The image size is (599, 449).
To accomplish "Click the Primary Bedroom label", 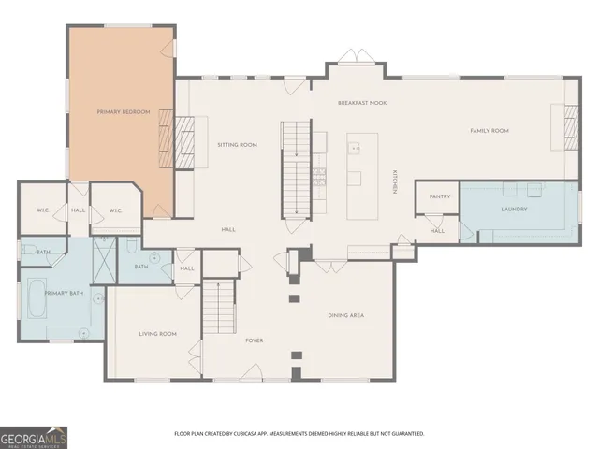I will [124, 112].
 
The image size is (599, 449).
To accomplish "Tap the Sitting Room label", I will [237, 145].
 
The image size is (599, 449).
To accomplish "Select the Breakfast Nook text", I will [362, 102].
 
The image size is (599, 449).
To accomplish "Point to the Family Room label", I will [489, 131].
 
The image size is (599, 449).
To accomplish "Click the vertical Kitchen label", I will [396, 182].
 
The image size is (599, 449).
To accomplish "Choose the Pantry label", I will [440, 196].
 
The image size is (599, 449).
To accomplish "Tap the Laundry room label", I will [514, 209].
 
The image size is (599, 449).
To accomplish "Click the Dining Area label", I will [345, 316].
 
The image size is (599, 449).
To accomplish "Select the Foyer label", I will [255, 340].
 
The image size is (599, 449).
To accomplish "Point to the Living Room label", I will [158, 334].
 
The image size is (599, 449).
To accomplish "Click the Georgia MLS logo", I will [34, 437].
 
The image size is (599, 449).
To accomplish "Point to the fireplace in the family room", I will [570, 127].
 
